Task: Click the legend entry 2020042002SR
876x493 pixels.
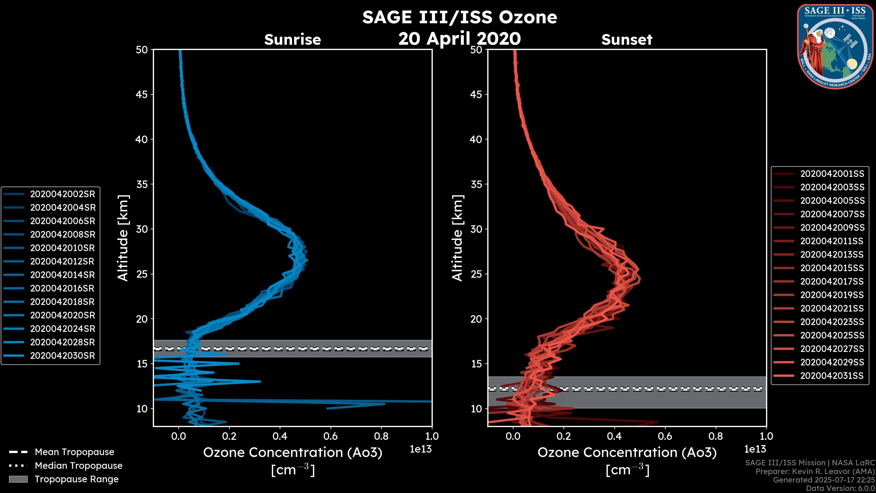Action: pyautogui.click(x=63, y=194)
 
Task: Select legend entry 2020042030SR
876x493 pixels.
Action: pyautogui.click(x=63, y=356)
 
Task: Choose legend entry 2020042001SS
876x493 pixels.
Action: pyautogui.click(x=832, y=174)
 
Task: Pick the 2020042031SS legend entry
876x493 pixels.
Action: pyautogui.click(x=832, y=376)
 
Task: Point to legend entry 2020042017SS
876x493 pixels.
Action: pyautogui.click(x=832, y=282)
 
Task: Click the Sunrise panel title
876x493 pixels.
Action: pyautogui.click(x=292, y=40)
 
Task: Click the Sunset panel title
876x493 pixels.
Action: pyautogui.click(x=627, y=40)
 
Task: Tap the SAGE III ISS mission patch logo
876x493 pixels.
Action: pyautogui.click(x=835, y=46)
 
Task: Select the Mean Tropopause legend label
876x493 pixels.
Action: pyautogui.click(x=74, y=452)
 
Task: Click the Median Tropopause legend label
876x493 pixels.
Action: pyautogui.click(x=78, y=466)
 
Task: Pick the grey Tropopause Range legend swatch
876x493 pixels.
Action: pyautogui.click(x=18, y=479)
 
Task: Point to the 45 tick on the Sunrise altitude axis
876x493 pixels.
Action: pyautogui.click(x=141, y=94)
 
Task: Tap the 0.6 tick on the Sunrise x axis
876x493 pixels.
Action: pyautogui.click(x=331, y=436)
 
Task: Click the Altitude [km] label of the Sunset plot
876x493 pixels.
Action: pyautogui.click(x=457, y=238)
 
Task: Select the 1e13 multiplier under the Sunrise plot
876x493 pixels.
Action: pyautogui.click(x=421, y=449)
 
